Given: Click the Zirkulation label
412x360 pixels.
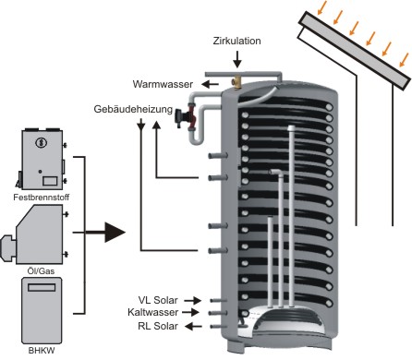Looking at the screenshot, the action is coord(236,41).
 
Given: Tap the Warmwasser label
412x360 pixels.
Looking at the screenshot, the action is coord(163,84).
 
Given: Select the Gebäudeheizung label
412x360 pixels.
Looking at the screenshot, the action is coord(133,109).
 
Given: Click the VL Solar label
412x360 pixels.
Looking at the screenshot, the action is coord(158,300).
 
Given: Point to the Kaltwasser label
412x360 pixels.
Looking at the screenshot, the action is coord(153,312).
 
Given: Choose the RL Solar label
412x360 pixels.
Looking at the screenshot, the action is coord(158,326).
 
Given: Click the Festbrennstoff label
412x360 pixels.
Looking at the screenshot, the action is coord(42,198).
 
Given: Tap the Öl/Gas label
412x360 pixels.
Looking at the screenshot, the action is coord(41,271).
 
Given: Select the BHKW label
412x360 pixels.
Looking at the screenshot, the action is coord(42,351).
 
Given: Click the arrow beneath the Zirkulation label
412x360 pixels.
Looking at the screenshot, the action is coord(237,59).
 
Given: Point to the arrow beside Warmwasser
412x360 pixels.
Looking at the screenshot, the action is coord(210,84).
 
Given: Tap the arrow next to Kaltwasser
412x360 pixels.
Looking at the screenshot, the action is coord(190,312).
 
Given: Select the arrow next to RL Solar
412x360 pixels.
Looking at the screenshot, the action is coord(194,326).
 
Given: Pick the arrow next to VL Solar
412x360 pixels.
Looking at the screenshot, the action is coord(192,300).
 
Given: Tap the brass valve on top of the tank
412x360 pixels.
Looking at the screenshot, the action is coord(236,82).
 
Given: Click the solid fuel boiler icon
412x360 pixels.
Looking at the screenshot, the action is coord(42,159).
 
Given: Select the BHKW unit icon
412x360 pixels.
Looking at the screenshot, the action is coord(42,311).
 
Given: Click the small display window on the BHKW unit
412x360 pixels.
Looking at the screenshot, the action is coord(42,287).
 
